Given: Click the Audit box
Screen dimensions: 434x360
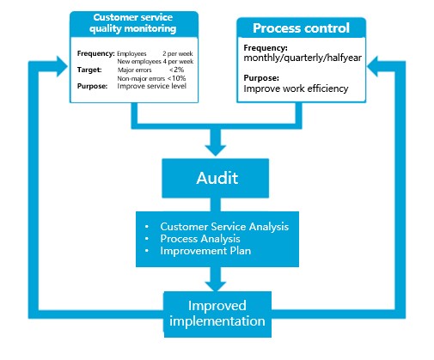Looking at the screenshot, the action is click(x=216, y=178).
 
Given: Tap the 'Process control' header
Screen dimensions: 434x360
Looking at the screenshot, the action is click(x=301, y=27).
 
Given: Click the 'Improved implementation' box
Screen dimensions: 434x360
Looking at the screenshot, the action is click(x=217, y=314).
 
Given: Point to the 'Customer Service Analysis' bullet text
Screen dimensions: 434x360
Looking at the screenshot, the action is click(x=224, y=227).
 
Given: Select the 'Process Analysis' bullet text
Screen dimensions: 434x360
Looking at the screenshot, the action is click(x=200, y=239).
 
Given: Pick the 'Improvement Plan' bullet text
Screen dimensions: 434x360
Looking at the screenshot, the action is click(x=205, y=251).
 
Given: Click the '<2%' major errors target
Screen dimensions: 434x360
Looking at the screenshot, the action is click(x=176, y=70).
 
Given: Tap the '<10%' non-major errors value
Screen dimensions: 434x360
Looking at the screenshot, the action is click(x=176, y=78).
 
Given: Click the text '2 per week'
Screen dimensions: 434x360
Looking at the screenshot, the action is click(x=178, y=53).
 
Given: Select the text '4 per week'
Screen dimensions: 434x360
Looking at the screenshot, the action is click(x=178, y=61).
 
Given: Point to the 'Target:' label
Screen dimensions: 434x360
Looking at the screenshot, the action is click(x=89, y=70).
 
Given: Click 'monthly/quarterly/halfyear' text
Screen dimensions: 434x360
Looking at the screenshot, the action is click(x=303, y=58).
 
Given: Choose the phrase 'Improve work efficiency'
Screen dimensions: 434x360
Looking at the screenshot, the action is click(x=296, y=88).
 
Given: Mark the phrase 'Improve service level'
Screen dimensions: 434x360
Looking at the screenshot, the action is click(x=152, y=86).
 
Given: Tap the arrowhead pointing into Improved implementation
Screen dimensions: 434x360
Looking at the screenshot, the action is click(x=216, y=286).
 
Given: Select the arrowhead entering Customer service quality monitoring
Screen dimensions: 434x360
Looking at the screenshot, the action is click(x=62, y=66).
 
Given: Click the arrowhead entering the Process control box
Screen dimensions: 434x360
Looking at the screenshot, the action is click(x=372, y=66).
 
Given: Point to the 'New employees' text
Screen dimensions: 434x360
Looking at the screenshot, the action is click(x=139, y=61).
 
